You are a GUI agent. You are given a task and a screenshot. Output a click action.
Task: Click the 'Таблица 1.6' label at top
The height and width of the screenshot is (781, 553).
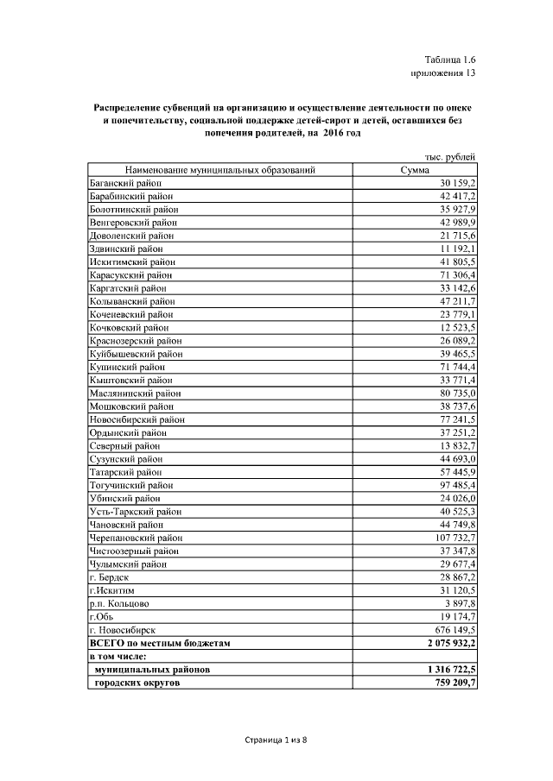coord(450,60)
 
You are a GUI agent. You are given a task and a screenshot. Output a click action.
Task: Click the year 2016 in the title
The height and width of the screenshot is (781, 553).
coord(327,135)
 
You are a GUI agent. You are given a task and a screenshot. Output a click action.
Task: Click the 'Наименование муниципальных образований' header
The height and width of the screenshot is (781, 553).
coord(219,171)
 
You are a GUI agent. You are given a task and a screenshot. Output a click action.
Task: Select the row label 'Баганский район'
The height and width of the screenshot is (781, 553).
coord(125,184)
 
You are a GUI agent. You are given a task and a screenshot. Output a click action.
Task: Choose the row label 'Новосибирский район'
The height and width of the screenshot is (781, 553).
coord(136,419)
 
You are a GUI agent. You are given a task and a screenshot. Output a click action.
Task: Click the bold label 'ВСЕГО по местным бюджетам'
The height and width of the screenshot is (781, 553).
coord(161,643)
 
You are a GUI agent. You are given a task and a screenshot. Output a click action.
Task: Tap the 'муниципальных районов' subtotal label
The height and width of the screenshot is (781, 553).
coord(152,670)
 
